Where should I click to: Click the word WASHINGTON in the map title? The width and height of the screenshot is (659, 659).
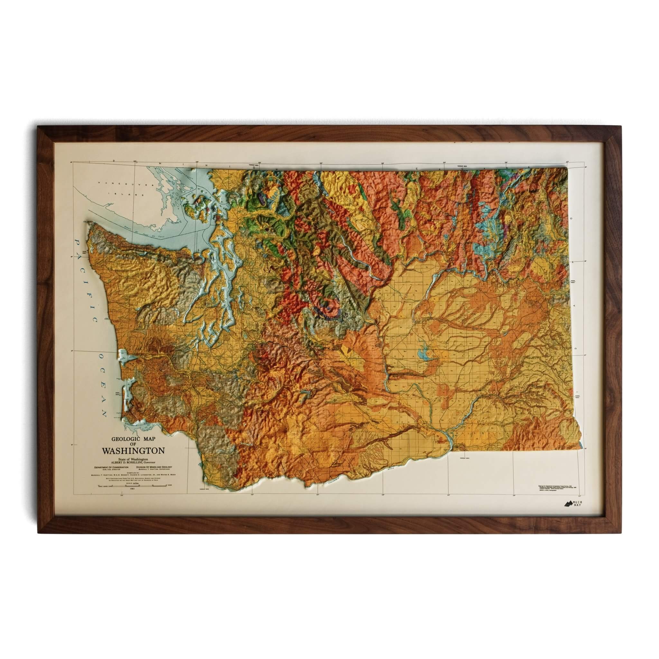(x=133, y=450)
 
